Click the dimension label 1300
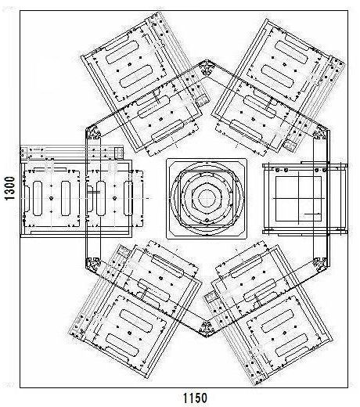[x=10, y=188]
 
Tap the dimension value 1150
[x=195, y=398]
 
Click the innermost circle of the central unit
[x=207, y=198]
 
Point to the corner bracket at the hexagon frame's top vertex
[x=207, y=67]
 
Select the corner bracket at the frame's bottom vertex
[x=207, y=330]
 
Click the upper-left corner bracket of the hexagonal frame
[x=93, y=133]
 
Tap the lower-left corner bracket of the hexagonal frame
[x=93, y=265]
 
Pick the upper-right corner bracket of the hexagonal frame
[x=321, y=133]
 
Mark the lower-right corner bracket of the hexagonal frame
[x=321, y=264]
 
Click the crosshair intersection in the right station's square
[x=298, y=198]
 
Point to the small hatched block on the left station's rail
[x=119, y=153]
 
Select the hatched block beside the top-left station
[x=203, y=100]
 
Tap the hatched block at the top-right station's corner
[x=289, y=146]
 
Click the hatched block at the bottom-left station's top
[x=124, y=251]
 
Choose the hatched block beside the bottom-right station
[x=210, y=297]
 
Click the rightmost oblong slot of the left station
[x=128, y=198]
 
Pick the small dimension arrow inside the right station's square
[x=312, y=214]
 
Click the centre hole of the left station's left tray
[x=52, y=198]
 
